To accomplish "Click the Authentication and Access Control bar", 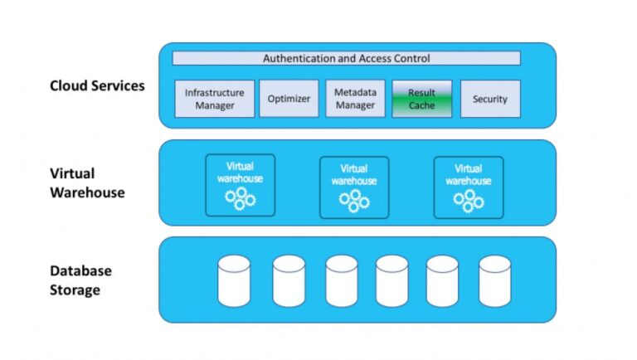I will (346, 58).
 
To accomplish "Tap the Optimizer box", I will (289, 99).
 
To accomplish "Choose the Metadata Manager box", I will (355, 99).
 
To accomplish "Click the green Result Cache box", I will (421, 99).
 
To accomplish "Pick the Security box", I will (489, 99).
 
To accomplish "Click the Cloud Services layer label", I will (97, 85).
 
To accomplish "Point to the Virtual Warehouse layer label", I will (87, 182).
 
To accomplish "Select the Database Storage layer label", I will (80, 280).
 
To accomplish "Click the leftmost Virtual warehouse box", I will (240, 186).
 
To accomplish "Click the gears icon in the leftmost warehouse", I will (240, 199).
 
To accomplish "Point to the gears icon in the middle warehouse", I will (354, 201).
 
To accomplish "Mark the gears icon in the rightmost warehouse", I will (469, 201).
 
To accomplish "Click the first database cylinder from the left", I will (234, 280).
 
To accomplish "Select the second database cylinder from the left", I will (289, 280).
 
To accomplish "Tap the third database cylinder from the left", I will (342, 280).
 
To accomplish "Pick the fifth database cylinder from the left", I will (442, 280).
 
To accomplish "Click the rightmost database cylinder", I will (494, 280).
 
